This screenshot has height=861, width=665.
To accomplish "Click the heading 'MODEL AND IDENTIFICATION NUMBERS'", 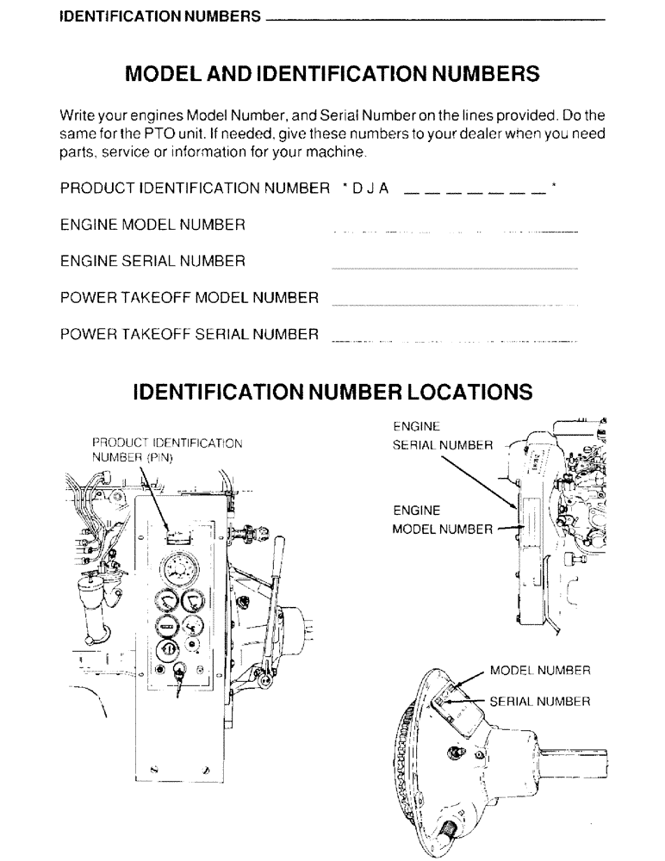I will pyautogui.click(x=332, y=73).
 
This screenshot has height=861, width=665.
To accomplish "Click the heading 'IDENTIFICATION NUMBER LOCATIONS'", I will pyautogui.click(x=332, y=393).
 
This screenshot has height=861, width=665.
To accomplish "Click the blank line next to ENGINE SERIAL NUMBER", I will pyautogui.click(x=454, y=269).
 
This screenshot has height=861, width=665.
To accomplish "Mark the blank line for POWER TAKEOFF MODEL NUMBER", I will pyautogui.click(x=454, y=306).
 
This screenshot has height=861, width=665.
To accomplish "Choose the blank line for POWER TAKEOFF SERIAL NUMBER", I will pyautogui.click(x=454, y=343).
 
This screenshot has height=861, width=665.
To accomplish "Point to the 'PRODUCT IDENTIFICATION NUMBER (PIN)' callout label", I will pyautogui.click(x=167, y=450).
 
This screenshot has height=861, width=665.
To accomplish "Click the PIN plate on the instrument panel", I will pyautogui.click(x=176, y=537).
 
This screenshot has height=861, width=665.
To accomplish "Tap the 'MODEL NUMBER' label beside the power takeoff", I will pyautogui.click(x=539, y=670).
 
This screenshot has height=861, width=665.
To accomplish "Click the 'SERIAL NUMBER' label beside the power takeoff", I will pyautogui.click(x=539, y=702).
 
